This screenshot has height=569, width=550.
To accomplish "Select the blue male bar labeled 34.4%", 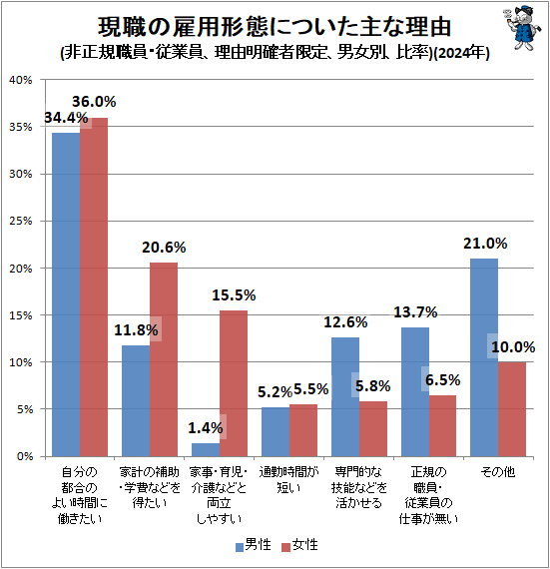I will click(66, 294).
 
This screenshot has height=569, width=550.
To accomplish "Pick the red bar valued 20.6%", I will click(164, 359).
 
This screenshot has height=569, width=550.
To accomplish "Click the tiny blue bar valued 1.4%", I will click(206, 449).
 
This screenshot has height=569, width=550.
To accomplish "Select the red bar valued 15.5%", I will click(234, 383).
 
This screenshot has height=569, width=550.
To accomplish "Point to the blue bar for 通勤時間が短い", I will click(275, 431).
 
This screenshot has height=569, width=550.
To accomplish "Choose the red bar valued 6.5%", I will click(443, 425).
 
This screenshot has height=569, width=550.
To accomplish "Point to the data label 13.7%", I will click(415, 312).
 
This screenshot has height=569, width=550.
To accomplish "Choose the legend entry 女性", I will click(302, 547).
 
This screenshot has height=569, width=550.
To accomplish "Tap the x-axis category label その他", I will click(499, 471).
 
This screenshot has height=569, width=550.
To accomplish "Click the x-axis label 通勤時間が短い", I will click(289, 478).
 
